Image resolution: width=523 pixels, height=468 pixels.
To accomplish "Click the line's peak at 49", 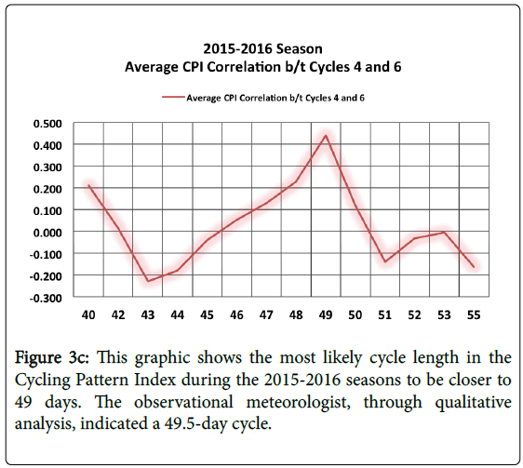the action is click(326, 135).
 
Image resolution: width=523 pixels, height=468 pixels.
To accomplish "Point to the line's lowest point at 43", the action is click(148, 281).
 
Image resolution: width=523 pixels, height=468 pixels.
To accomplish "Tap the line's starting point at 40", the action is click(88, 185).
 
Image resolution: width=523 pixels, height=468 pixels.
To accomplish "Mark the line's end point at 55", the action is click(474, 266).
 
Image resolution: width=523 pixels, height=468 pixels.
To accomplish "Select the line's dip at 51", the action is click(385, 261).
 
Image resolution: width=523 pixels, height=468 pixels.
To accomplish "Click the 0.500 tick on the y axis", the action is click(47, 124).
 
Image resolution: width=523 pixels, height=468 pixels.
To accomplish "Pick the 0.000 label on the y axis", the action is click(47, 233).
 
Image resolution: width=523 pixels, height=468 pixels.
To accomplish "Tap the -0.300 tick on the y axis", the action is click(46, 298).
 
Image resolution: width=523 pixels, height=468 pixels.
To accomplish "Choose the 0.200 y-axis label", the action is click(47, 189).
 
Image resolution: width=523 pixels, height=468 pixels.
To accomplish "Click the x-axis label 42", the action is click(118, 314).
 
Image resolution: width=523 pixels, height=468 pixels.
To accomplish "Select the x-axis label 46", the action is click(236, 314).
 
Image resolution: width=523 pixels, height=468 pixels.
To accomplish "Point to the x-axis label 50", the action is click(355, 314).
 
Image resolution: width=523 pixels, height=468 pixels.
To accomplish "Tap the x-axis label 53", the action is click(444, 314).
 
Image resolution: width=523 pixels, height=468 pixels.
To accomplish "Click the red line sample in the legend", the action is click(173, 98).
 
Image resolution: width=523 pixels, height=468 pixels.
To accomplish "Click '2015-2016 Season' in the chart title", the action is click(262, 48).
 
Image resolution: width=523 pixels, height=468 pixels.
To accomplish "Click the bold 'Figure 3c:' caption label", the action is click(52, 358).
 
